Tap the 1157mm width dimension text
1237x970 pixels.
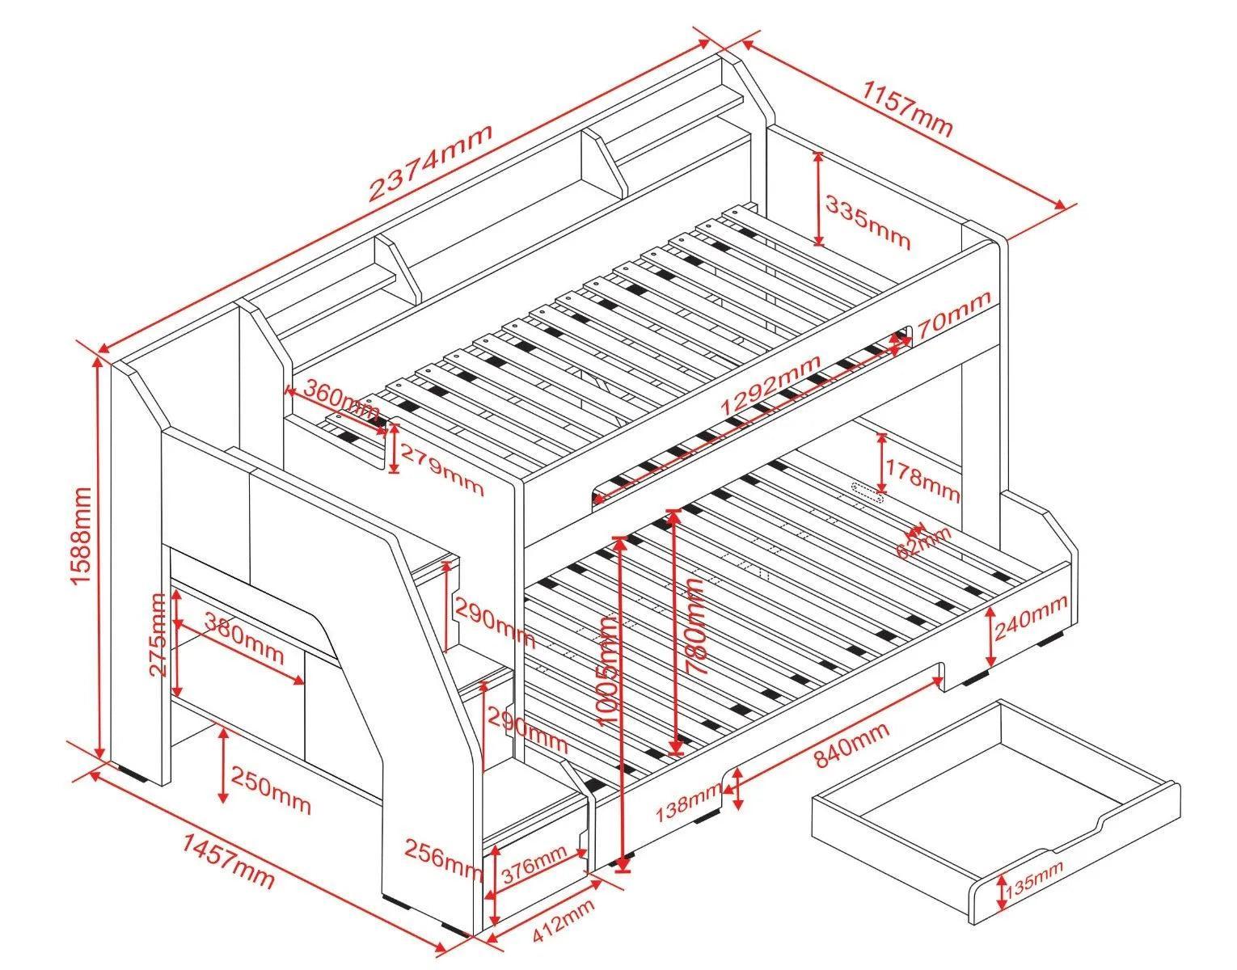point(909,108)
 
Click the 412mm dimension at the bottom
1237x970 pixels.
point(564,921)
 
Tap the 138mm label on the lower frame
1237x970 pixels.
point(689,799)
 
